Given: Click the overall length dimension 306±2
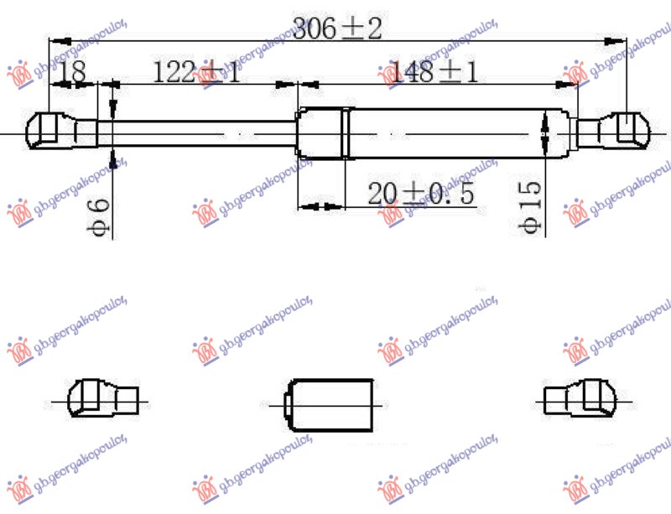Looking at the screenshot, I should coord(337,30).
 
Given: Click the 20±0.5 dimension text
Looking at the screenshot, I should coord(421,195).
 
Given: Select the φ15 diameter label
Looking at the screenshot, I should coord(530,210).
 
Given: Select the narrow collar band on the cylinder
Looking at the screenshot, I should coord(346,132).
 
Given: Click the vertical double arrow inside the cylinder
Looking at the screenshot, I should coord(546,132).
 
